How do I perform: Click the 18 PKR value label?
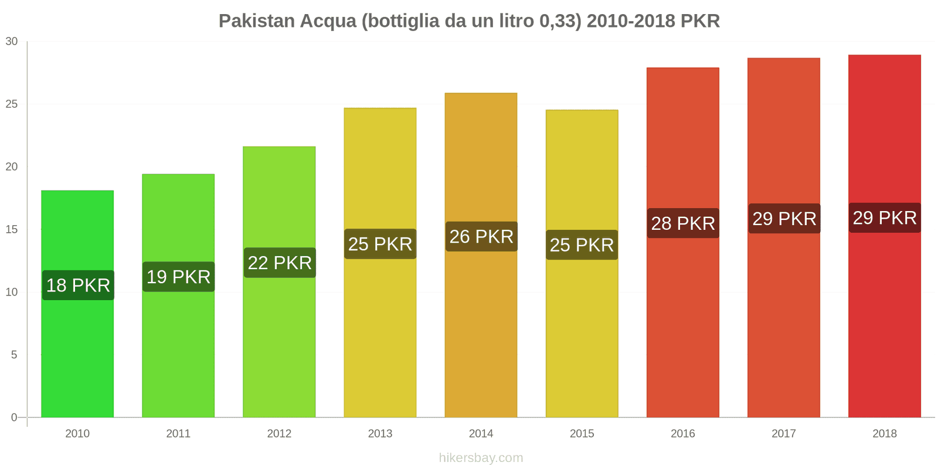click(x=78, y=286)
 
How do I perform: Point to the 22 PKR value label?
click(x=280, y=263)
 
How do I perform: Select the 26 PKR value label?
click(x=481, y=237)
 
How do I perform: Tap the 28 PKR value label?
click(x=683, y=223)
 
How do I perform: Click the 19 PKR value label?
click(x=179, y=277)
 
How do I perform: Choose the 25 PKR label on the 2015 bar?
click(x=582, y=245)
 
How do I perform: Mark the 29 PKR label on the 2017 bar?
click(x=784, y=219)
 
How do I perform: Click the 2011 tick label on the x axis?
click(x=178, y=434)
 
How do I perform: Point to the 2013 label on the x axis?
click(x=380, y=434)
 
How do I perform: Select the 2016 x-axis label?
click(x=683, y=434)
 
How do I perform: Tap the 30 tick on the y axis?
click(x=12, y=42)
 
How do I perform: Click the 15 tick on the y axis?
click(x=12, y=230)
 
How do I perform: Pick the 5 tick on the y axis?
click(x=14, y=355)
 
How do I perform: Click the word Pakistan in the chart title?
click(x=257, y=21)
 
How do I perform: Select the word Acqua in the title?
click(x=328, y=21)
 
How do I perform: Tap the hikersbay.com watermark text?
click(x=481, y=458)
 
